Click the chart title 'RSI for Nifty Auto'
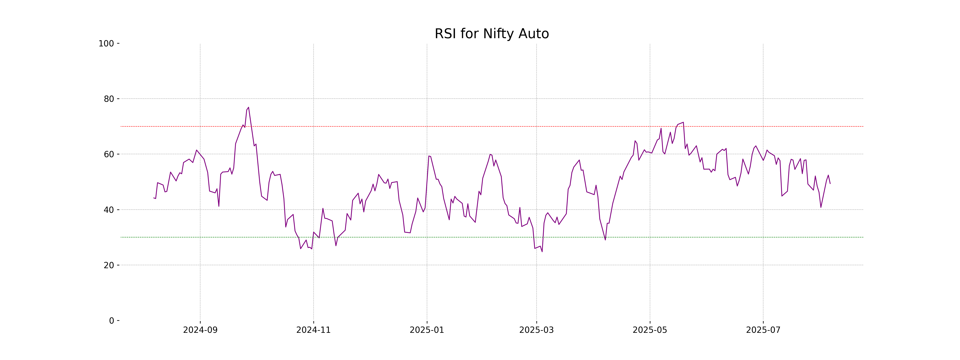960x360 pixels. click(492, 34)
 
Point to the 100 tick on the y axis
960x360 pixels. click(106, 44)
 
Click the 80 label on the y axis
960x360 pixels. click(109, 99)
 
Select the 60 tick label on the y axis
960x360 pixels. click(109, 154)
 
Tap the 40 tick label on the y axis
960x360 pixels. click(109, 210)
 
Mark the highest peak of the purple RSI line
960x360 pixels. click(249, 107)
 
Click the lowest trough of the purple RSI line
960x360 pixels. click(542, 252)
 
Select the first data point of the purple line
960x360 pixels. click(154, 198)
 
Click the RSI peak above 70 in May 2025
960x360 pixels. click(683, 122)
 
